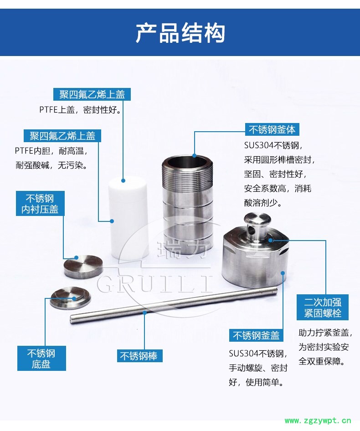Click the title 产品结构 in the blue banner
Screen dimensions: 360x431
click(180, 33)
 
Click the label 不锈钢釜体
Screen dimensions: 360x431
click(272, 129)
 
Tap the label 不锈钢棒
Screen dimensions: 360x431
click(139, 356)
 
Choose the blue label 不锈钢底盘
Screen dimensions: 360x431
click(41, 359)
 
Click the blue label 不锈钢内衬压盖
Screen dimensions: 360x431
click(40, 204)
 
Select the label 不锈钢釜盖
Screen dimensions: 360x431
click(256, 335)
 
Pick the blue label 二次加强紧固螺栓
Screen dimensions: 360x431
click(323, 308)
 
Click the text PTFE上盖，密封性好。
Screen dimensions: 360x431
click(80, 110)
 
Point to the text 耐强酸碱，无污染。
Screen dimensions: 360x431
click(51, 165)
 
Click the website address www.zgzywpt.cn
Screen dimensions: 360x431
click(318, 421)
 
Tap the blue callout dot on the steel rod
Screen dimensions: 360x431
click(144, 312)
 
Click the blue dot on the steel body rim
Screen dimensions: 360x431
click(194, 155)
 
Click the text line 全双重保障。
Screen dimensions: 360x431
click(322, 361)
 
